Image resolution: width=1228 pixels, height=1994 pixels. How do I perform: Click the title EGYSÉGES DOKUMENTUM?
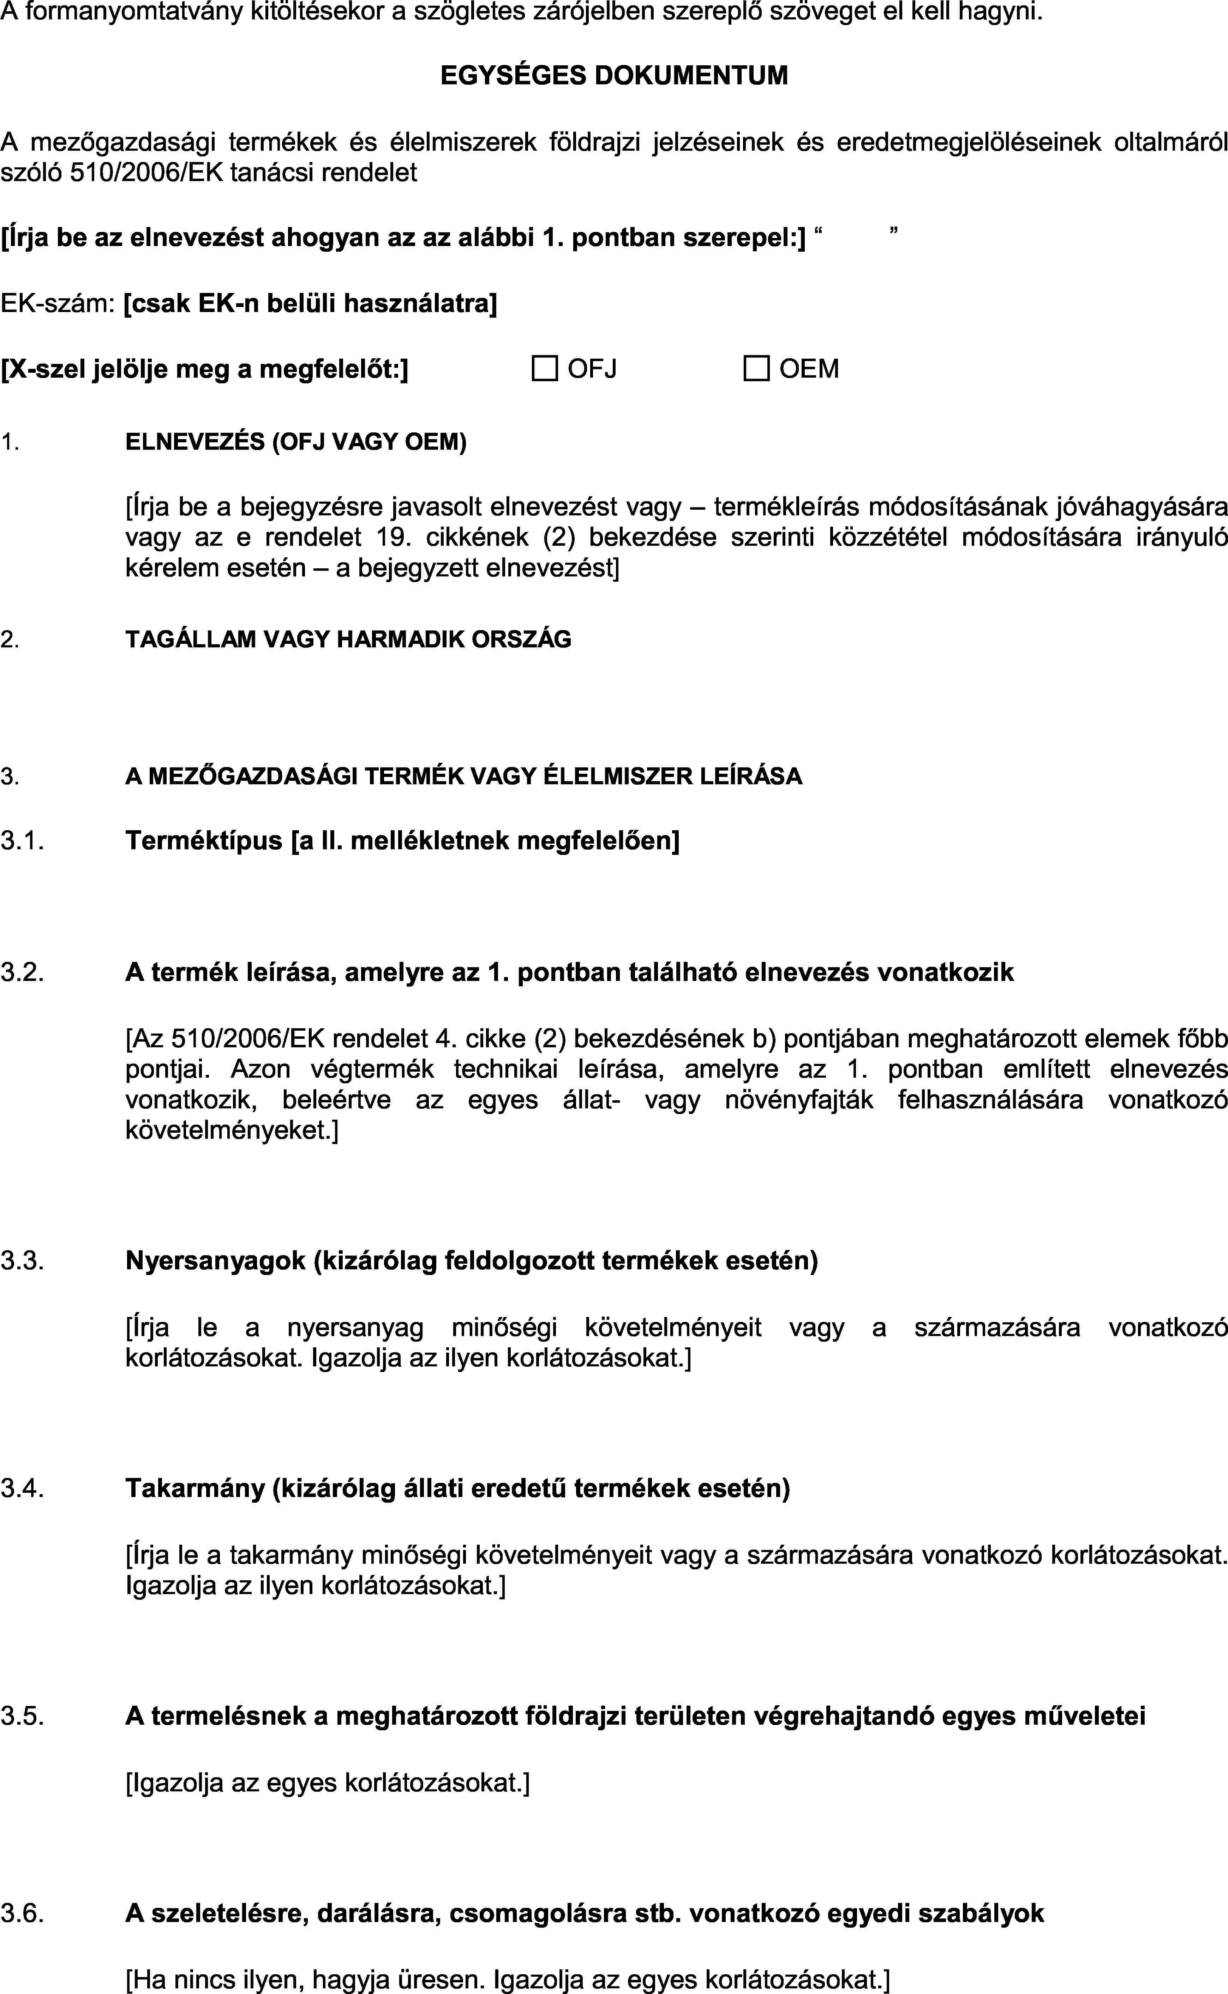pos(614,76)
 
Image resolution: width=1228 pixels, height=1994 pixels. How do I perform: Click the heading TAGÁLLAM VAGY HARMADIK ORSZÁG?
pos(348,639)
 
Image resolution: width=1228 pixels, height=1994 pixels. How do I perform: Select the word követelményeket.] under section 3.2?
pos(232,1130)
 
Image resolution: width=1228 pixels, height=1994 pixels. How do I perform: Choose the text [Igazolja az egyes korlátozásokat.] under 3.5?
pos(327,1783)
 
